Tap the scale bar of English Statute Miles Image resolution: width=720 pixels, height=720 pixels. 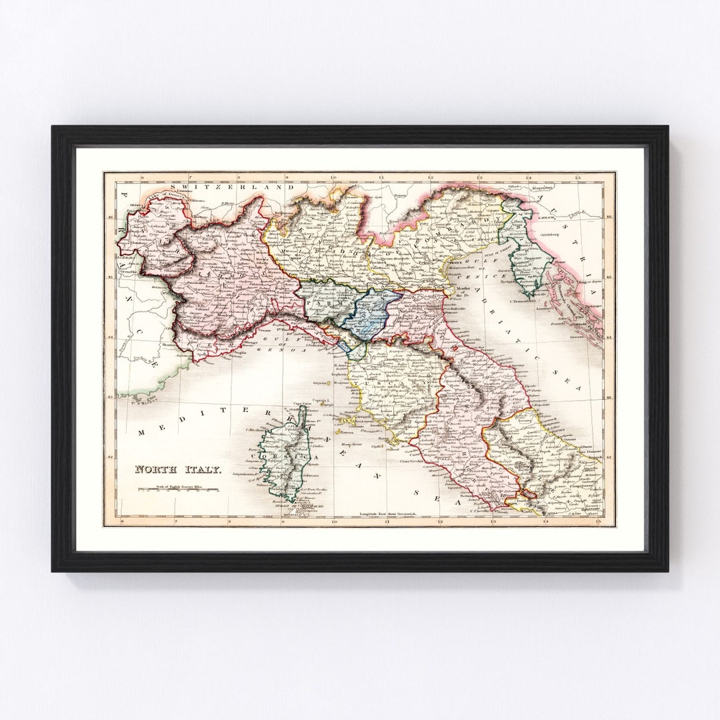[178, 490]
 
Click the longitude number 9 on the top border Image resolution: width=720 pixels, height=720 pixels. [286, 178]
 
